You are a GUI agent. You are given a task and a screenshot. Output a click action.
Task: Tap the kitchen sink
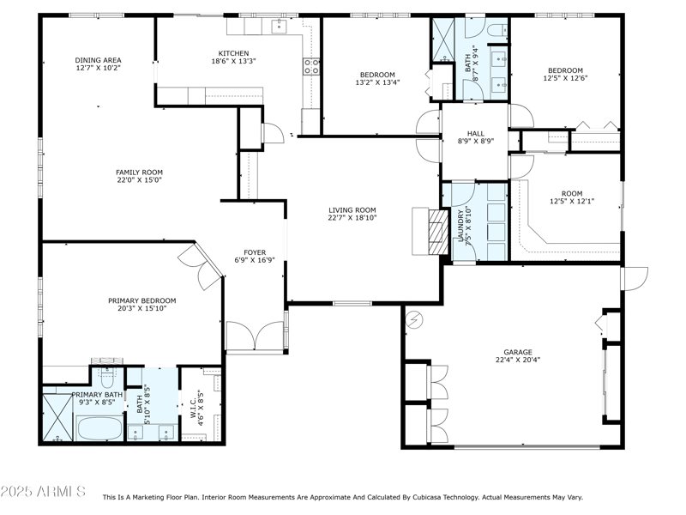(280, 27)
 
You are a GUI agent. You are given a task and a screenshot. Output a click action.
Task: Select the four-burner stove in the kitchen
(310, 68)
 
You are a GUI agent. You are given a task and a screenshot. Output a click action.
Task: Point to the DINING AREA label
(98, 60)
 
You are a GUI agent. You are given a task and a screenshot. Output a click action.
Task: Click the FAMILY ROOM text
(139, 172)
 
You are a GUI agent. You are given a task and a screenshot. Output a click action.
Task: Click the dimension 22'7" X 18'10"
(352, 218)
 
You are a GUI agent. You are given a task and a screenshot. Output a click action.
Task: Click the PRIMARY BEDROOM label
(141, 300)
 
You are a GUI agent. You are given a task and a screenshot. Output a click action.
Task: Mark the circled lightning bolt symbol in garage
(415, 318)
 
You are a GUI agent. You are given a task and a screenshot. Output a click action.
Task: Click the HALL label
(475, 133)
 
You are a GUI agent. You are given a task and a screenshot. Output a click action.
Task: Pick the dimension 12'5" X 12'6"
(565, 79)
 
